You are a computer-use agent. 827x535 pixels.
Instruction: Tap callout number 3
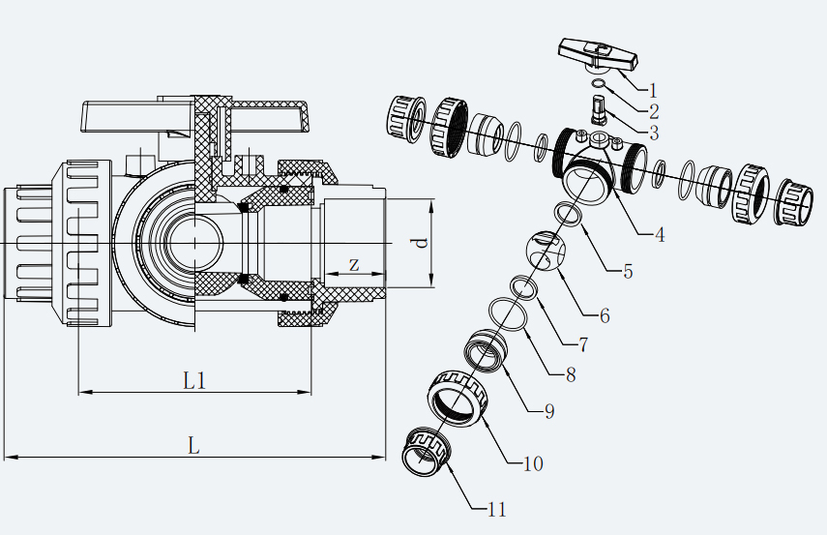click(655, 134)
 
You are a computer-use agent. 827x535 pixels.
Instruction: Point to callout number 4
click(659, 234)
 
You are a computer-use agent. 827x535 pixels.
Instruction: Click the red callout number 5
click(628, 272)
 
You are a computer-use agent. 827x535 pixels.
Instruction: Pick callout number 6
click(605, 314)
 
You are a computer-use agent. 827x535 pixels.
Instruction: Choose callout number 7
click(584, 343)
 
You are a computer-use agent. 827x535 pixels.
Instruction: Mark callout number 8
click(570, 374)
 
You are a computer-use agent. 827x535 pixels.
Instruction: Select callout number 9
click(548, 411)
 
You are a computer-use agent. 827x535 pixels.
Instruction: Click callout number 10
click(532, 463)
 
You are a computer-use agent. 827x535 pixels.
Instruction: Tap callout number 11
click(496, 509)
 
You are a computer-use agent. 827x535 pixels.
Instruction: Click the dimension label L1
click(194, 380)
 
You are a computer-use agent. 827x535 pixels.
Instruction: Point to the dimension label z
click(354, 264)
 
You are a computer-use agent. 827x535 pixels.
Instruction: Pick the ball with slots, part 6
click(547, 253)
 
